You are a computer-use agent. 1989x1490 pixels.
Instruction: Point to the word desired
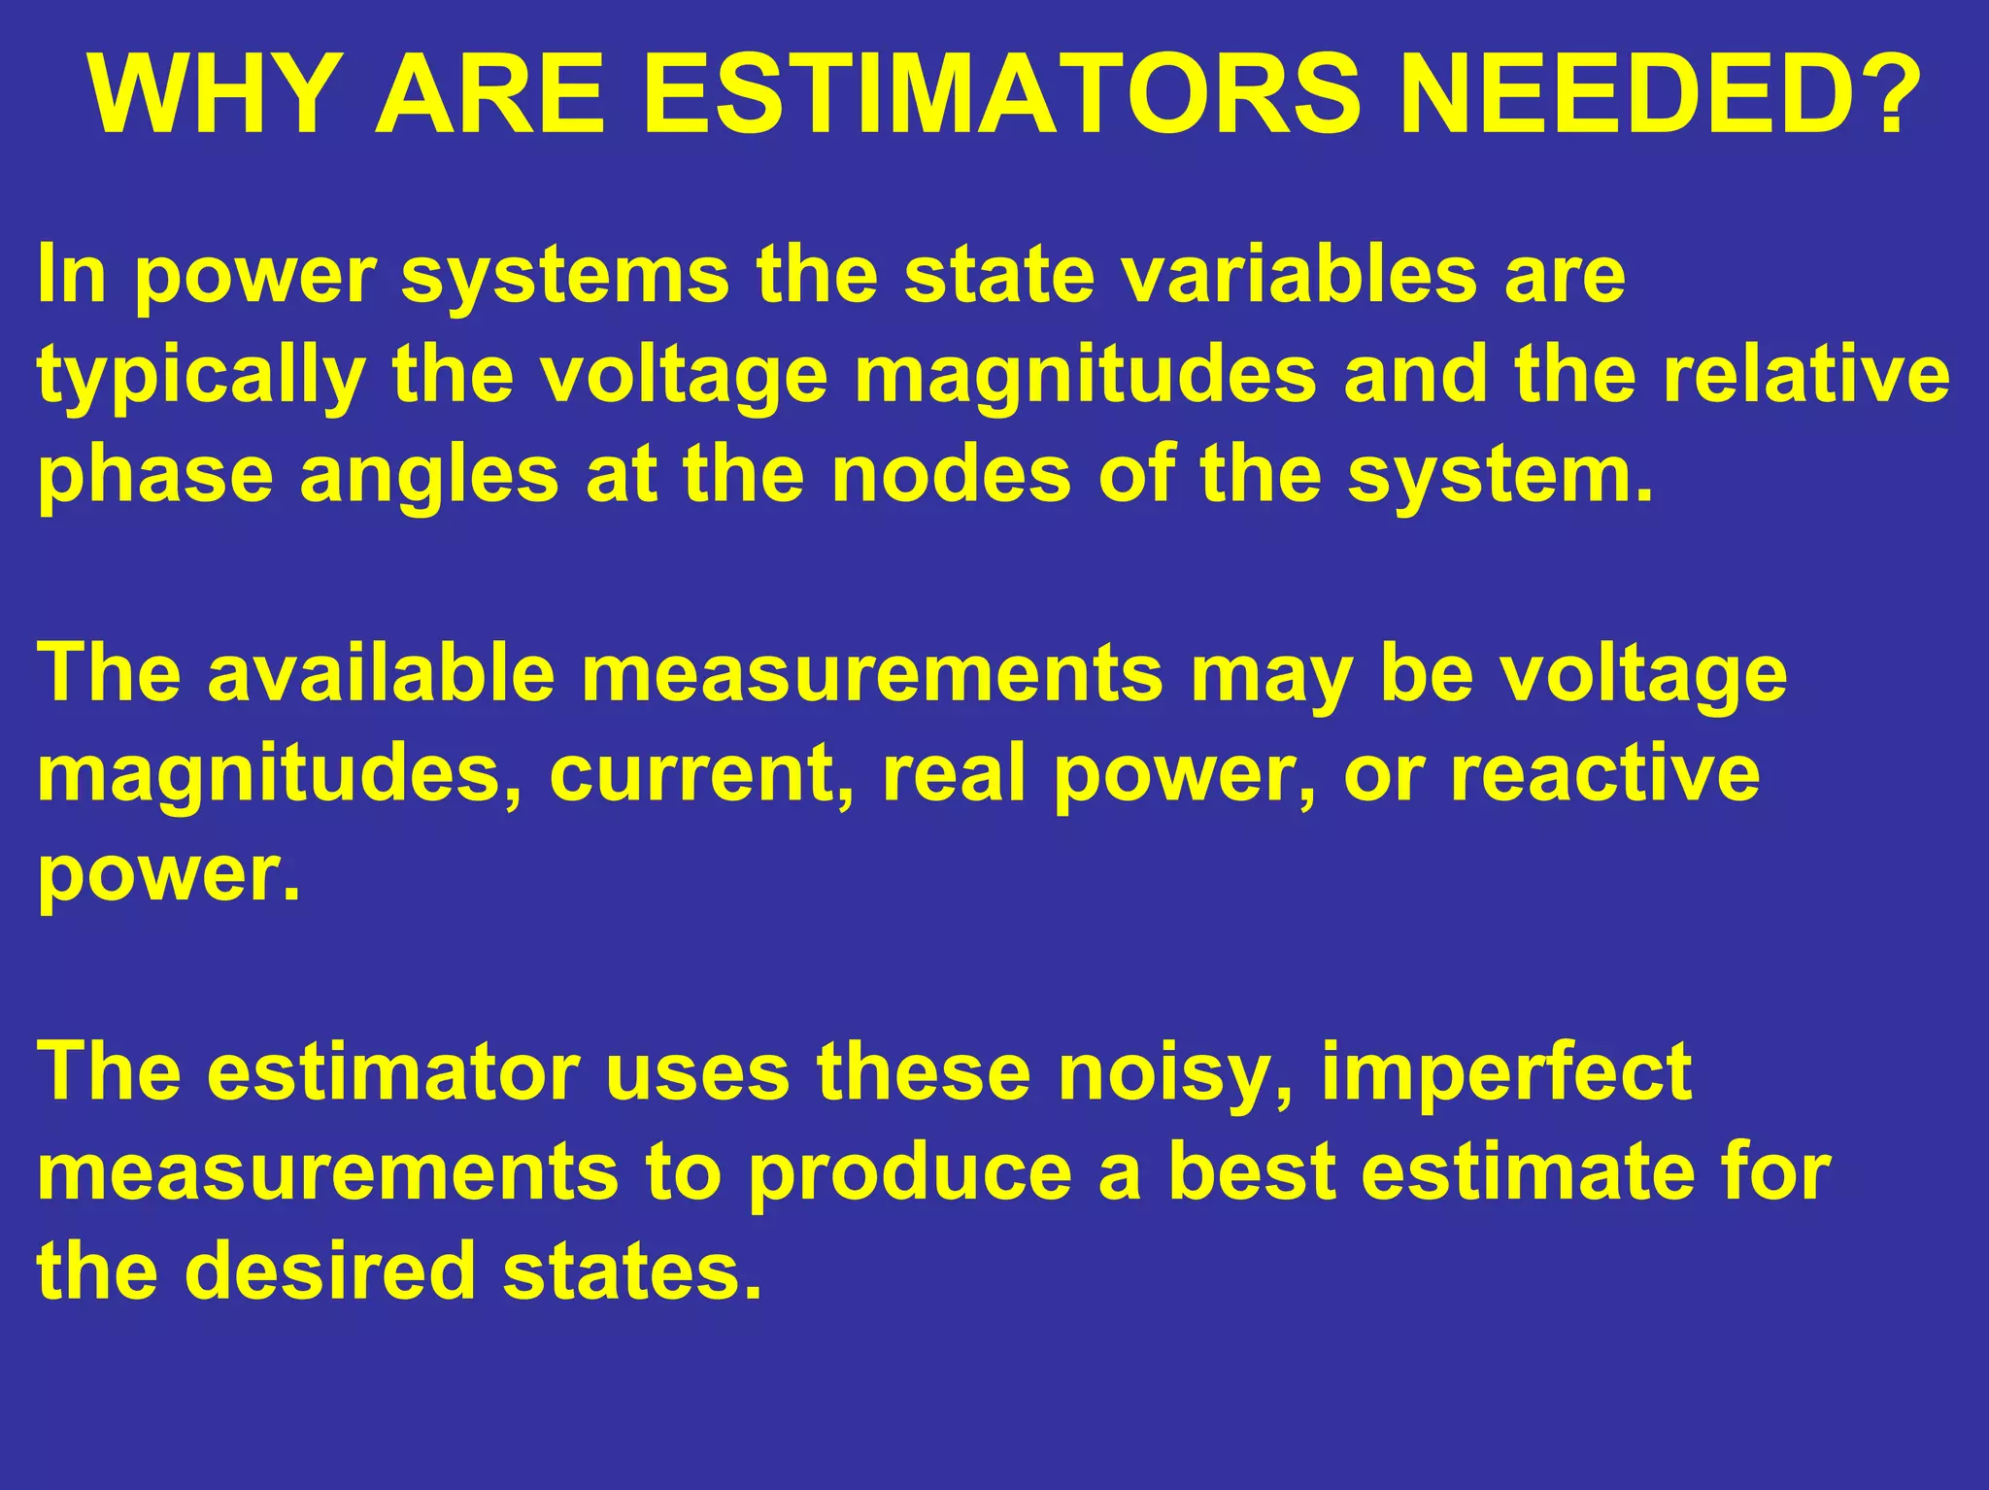pos(329,1271)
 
